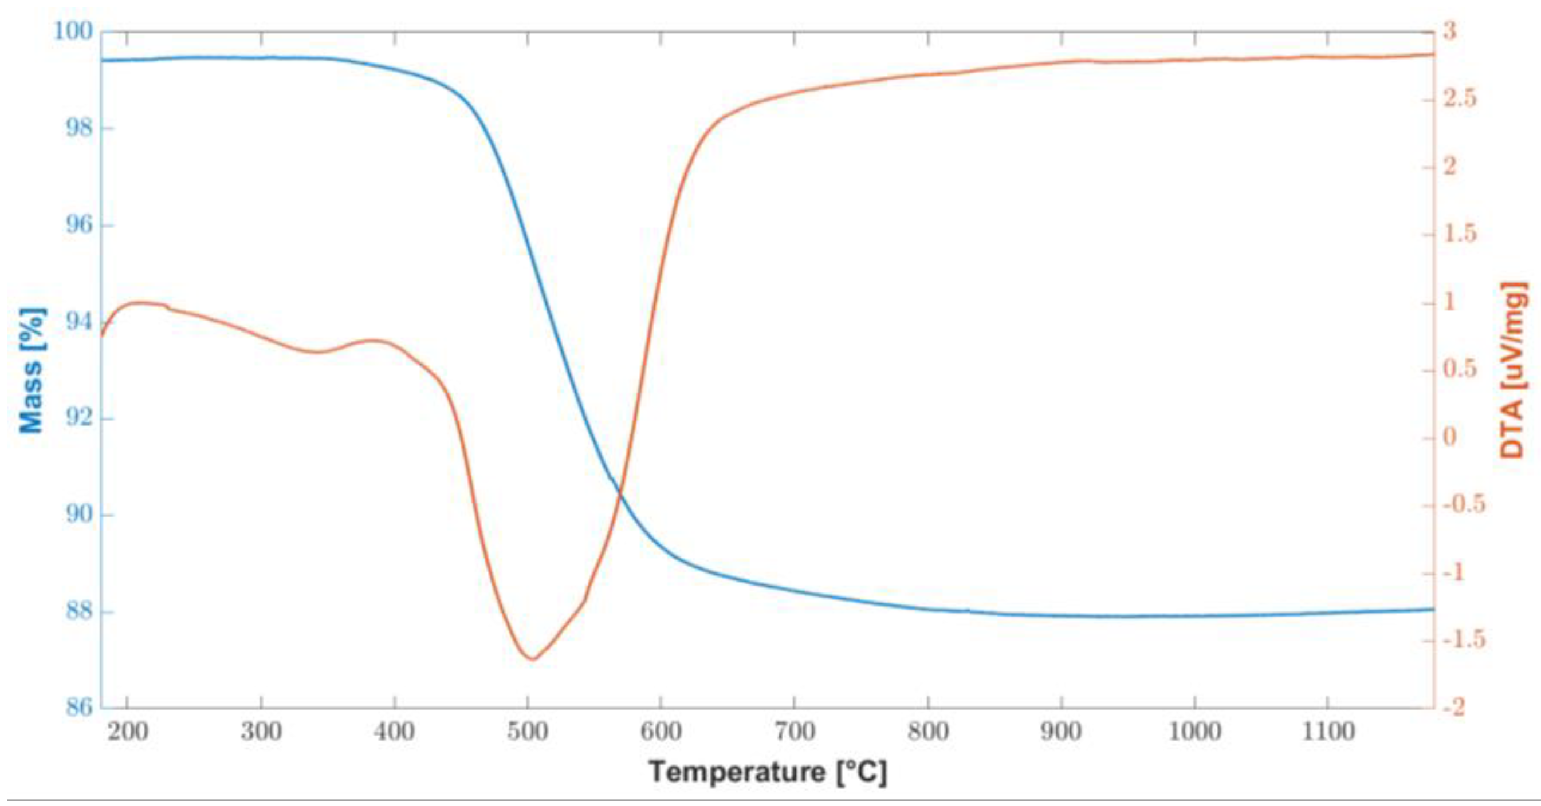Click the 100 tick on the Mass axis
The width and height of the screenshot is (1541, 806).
pos(73,31)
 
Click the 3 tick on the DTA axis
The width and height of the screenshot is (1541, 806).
pos(1449,31)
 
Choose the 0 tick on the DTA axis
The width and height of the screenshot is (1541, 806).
pos(1449,438)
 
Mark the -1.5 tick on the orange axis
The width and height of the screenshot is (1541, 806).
pos(1463,641)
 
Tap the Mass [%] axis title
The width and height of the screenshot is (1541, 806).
pos(32,371)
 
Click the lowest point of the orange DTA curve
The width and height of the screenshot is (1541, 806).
pos(532,659)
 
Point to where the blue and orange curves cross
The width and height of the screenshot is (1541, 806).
pos(620,494)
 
